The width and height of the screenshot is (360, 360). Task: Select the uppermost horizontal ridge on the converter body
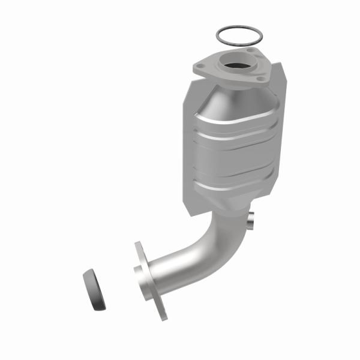[235, 122]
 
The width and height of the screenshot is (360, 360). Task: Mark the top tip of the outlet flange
[138, 245]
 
